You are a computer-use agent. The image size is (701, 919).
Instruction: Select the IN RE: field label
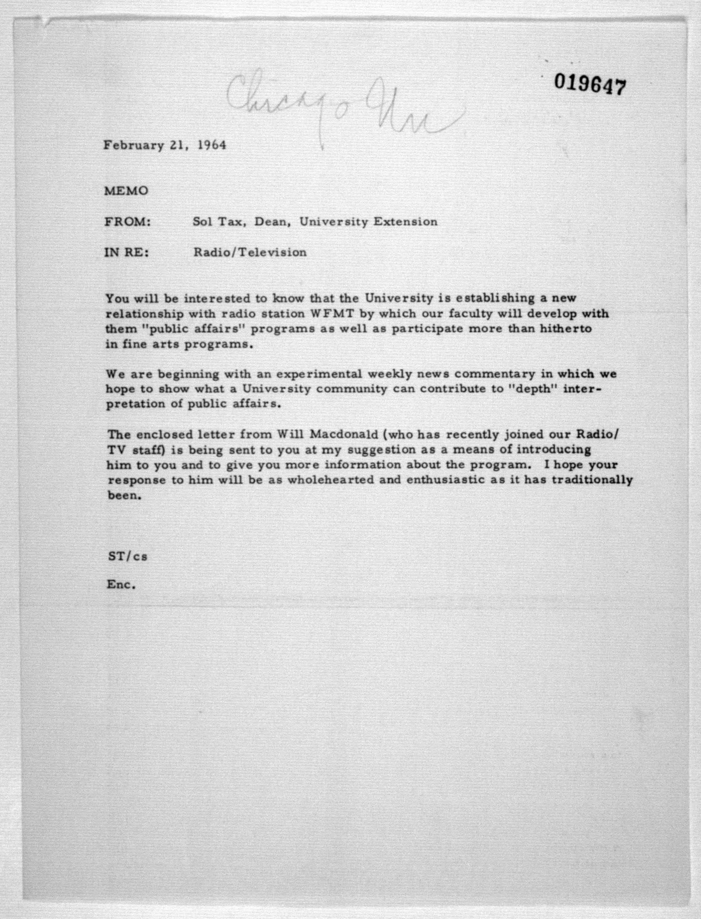click(x=126, y=253)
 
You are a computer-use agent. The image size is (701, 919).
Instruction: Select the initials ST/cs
click(x=127, y=556)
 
